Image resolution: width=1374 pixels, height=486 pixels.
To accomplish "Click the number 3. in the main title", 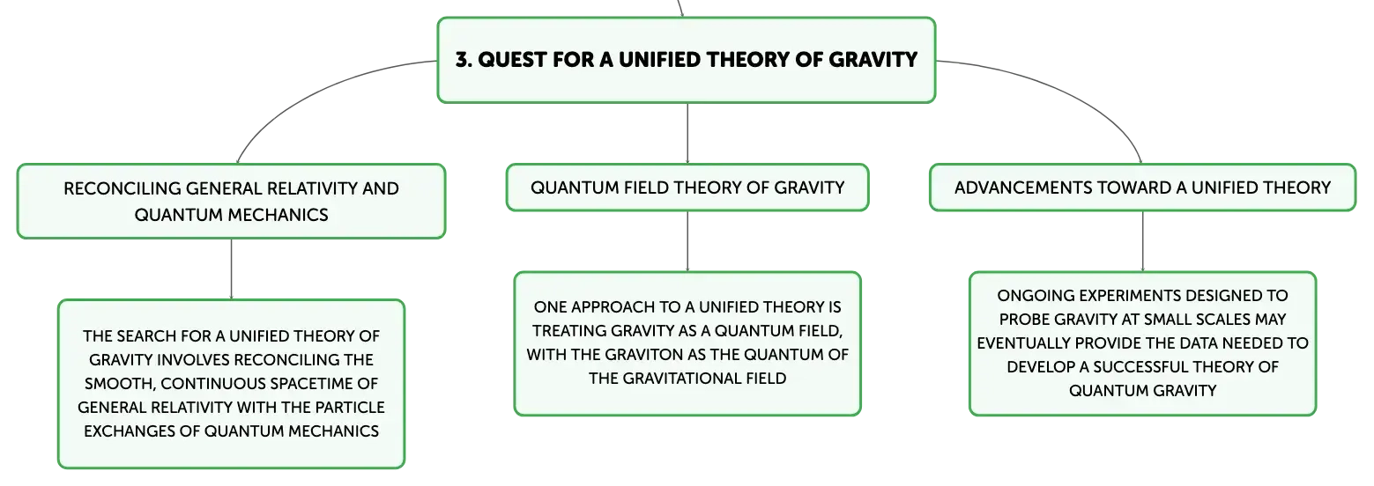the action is pyautogui.click(x=464, y=60).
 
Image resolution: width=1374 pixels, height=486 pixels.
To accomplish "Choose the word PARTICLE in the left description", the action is pyautogui.click(x=350, y=407).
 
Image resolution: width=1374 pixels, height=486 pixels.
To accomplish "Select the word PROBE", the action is pyautogui.click(x=1023, y=320).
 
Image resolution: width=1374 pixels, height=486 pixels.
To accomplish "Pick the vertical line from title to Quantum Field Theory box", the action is pyautogui.click(x=687, y=133).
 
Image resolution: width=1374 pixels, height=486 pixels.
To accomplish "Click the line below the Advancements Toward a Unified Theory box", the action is pyautogui.click(x=1143, y=241).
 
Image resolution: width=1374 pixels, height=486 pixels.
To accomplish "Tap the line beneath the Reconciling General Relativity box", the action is pyautogui.click(x=231, y=269).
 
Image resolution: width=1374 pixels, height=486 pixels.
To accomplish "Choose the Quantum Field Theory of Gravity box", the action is pyautogui.click(x=687, y=188).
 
